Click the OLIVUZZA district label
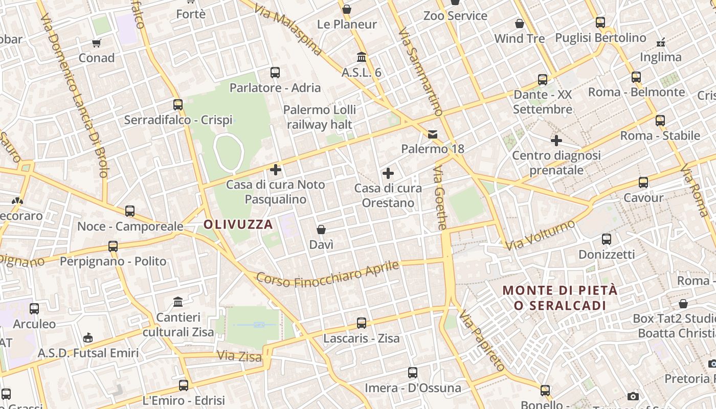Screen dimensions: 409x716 point(238,224)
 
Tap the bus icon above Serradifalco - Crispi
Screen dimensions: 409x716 point(178,104)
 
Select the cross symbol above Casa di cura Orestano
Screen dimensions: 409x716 point(388,173)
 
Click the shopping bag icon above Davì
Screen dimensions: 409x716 point(321,230)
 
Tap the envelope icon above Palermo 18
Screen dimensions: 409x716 point(433,134)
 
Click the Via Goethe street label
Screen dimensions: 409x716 point(440,198)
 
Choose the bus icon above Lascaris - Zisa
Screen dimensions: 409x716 point(362,323)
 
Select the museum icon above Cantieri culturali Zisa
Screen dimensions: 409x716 point(178,302)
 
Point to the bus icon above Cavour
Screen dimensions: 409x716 point(643,183)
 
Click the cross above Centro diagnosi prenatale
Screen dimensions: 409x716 point(556,140)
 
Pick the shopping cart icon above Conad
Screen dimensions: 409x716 point(97,43)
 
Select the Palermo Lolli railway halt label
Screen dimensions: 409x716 point(320,117)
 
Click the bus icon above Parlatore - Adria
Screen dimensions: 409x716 point(275,73)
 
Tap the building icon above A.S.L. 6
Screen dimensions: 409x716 point(362,57)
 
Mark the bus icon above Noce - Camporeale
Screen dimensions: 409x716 point(130,211)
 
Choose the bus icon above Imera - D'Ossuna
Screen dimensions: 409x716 point(413,373)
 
